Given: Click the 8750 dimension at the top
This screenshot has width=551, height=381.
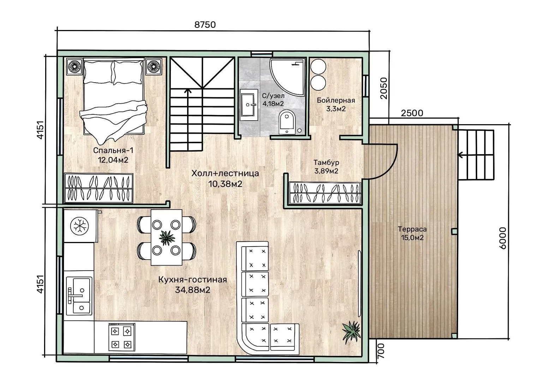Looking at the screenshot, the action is pyautogui.click(x=205, y=25).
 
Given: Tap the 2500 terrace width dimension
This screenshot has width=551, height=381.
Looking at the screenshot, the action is pyautogui.click(x=412, y=113).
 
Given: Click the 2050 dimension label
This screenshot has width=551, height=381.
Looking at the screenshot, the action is pyautogui.click(x=383, y=88).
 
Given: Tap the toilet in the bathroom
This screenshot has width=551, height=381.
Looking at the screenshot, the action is pyautogui.click(x=287, y=122).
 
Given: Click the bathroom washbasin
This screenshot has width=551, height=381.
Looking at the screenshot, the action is pyautogui.click(x=249, y=105).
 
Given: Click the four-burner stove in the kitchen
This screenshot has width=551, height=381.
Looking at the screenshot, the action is pyautogui.click(x=121, y=337).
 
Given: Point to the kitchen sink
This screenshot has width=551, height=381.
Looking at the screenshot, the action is pyautogui.click(x=79, y=296).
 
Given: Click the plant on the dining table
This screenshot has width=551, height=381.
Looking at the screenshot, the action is pyautogui.click(x=167, y=238).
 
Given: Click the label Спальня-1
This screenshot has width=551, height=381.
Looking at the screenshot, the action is pyautogui.click(x=113, y=150).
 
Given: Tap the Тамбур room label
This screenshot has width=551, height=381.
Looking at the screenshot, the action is pyautogui.click(x=326, y=163).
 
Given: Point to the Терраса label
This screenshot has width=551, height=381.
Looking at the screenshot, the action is pyautogui.click(x=412, y=229).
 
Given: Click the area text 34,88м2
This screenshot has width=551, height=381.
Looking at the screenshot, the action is pyautogui.click(x=193, y=290).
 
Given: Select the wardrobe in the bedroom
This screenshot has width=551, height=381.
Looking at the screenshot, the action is pyautogui.click(x=98, y=188).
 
